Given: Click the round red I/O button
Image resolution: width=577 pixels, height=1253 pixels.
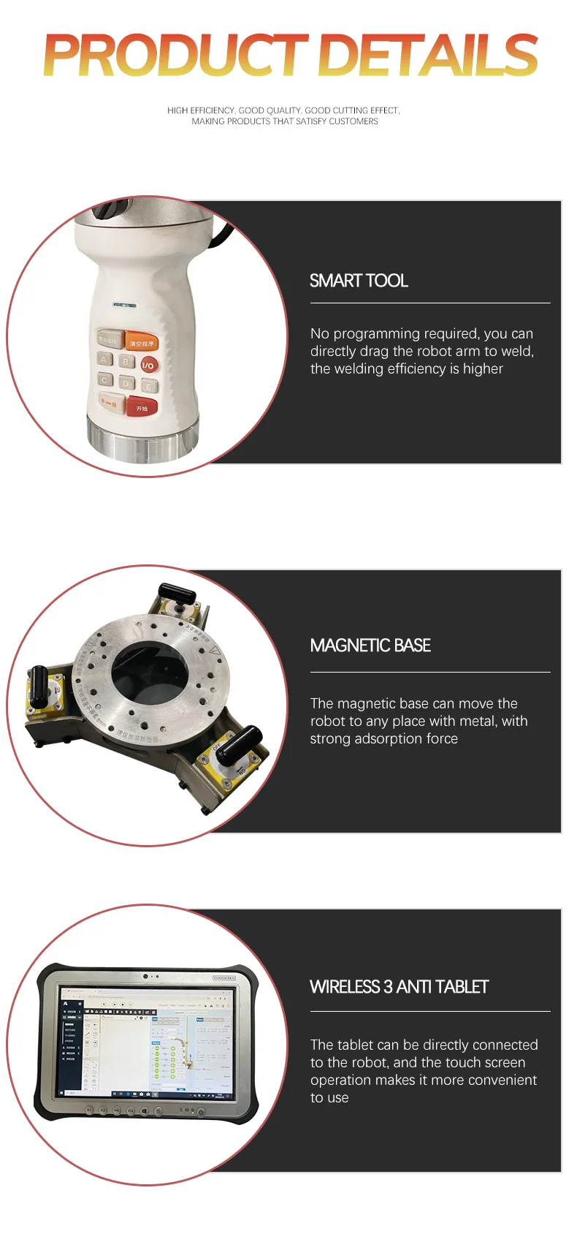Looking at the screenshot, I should coord(148,365).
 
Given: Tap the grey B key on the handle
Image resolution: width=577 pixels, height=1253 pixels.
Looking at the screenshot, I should coord(126,361).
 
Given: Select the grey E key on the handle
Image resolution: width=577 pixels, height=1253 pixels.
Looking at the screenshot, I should coord(149,386).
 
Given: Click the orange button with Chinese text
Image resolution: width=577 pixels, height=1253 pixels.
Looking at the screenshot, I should coord(142,342).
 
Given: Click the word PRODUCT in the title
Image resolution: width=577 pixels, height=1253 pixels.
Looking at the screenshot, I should coord(175,56).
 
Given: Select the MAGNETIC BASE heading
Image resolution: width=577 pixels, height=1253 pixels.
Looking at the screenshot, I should coord(370,646).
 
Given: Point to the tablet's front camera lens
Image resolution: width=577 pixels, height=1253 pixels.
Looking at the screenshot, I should coord(146,976).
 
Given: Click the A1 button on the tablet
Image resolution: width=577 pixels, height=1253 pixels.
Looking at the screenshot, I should coord(90,1110).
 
